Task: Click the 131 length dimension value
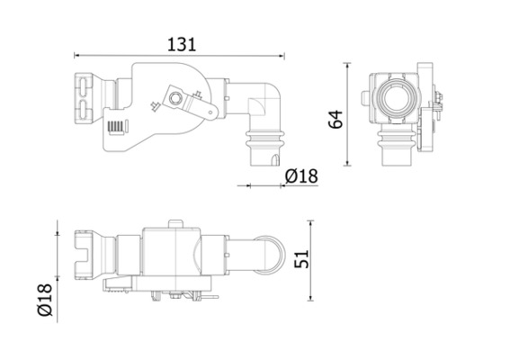point(180,42)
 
